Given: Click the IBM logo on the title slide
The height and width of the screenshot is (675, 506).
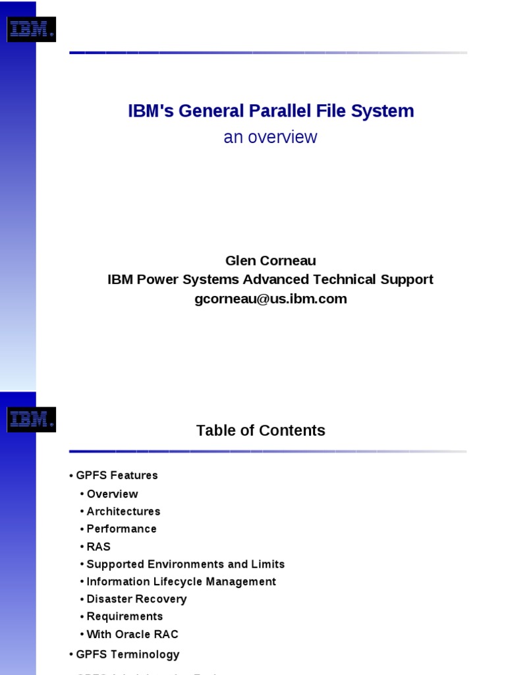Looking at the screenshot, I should [x=30, y=30].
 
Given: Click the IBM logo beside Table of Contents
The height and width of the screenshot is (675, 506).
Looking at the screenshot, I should [x=30, y=419].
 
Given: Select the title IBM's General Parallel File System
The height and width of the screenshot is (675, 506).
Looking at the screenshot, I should [x=271, y=111].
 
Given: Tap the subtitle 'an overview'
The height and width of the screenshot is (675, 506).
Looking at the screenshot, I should [x=270, y=137].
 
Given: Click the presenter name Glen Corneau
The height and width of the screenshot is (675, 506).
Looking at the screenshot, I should [x=270, y=261].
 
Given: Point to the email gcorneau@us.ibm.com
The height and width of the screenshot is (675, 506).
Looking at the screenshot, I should [x=270, y=299].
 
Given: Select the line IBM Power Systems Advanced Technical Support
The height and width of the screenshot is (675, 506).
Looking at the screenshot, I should [x=270, y=279].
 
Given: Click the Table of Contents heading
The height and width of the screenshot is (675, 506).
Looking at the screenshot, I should [x=261, y=430].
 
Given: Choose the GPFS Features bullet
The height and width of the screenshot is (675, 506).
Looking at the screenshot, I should [x=117, y=475].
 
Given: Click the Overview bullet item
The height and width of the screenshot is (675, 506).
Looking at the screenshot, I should [x=112, y=494].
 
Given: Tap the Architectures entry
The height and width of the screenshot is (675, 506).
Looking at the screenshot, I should [x=123, y=512].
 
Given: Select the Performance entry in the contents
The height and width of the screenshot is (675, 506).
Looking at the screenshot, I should [x=121, y=529].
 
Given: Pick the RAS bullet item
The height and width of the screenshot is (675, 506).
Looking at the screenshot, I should [x=98, y=546].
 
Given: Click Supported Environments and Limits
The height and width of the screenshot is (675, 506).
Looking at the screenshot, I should [x=185, y=564].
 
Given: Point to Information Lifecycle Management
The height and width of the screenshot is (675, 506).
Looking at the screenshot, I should [x=181, y=581].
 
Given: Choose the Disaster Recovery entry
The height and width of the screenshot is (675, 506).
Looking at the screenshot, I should [x=136, y=599].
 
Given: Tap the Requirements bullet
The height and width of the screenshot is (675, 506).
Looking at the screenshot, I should [x=125, y=616].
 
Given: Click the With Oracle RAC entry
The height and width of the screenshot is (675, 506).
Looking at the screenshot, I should [x=132, y=634].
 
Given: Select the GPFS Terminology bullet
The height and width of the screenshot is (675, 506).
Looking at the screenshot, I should [x=127, y=655].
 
